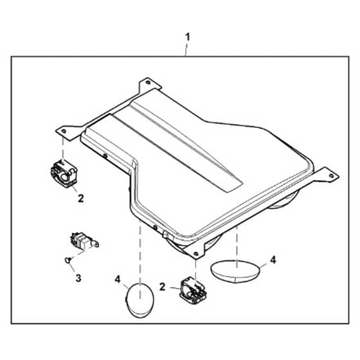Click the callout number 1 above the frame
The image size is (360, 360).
[x=188, y=37]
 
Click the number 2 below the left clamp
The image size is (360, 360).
[x=80, y=199]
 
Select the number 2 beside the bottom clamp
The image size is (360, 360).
[x=162, y=287]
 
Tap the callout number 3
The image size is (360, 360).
[x=78, y=278]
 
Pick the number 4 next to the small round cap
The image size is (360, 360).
[x=118, y=280]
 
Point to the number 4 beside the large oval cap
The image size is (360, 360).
[x=273, y=260]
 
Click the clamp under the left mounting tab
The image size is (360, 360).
[x=64, y=174]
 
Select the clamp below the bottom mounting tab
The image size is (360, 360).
[x=194, y=291]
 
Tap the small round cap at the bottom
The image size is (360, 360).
[x=140, y=300]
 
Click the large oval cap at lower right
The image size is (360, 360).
[x=235, y=271]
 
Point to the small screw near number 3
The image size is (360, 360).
[x=68, y=260]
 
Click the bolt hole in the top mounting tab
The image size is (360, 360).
[x=148, y=82]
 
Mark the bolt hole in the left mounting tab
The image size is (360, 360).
[x=64, y=131]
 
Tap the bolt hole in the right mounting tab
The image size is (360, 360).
[x=331, y=175]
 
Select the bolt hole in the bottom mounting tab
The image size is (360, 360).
[x=196, y=253]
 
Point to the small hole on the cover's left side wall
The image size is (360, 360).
[x=105, y=156]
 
